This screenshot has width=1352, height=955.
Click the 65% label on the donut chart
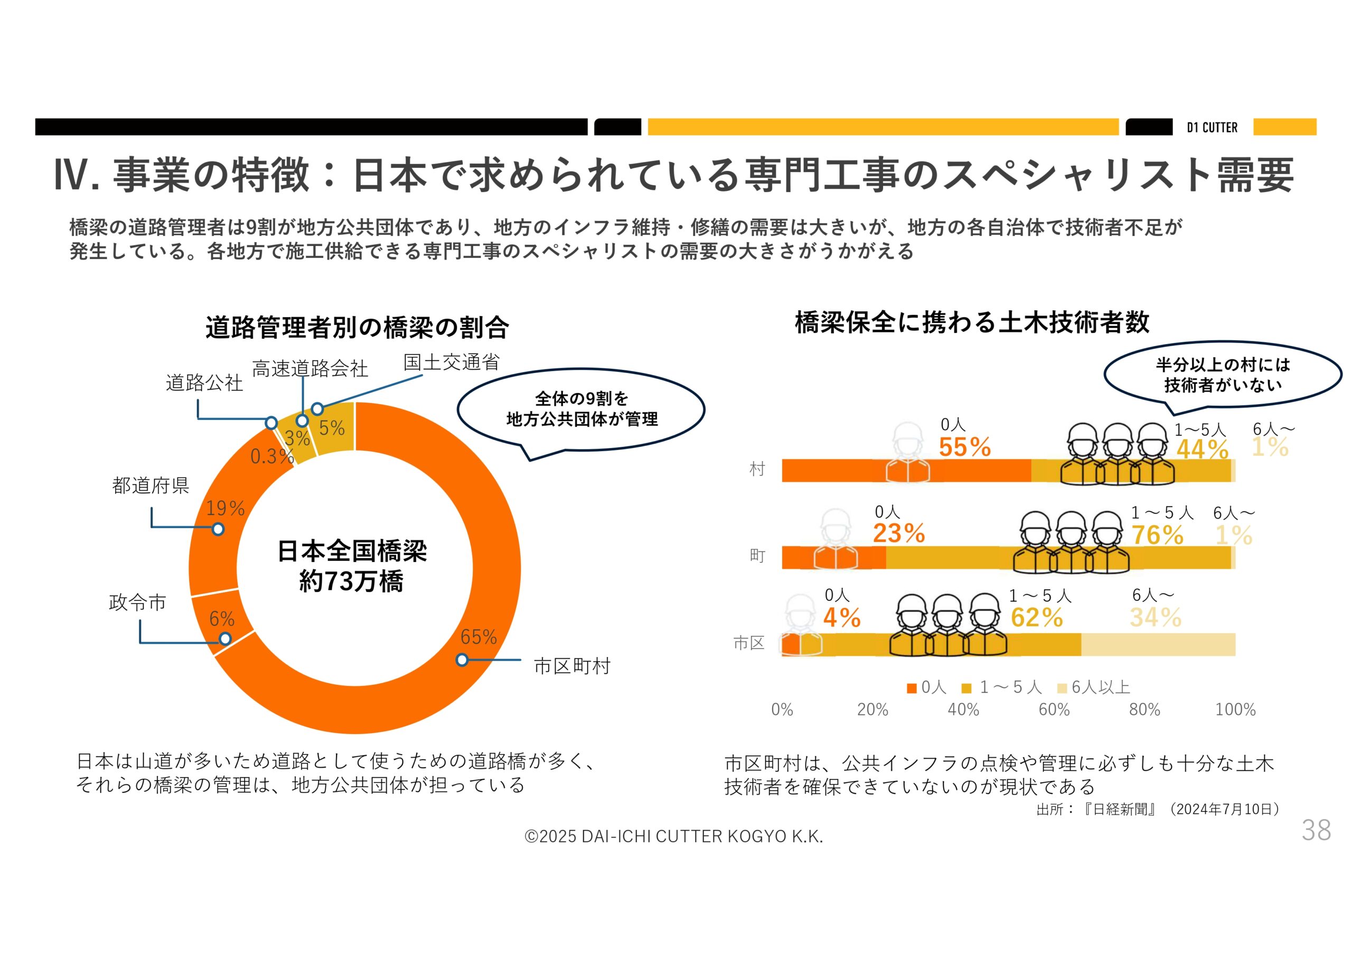[x=478, y=637]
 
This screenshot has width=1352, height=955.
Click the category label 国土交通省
[x=451, y=362]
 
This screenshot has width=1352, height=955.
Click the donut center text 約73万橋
[x=351, y=581]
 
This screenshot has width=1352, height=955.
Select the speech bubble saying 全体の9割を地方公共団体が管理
[x=581, y=409]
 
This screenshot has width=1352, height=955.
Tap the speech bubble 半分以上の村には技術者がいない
[x=1223, y=374]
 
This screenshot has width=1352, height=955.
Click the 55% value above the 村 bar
[x=964, y=447]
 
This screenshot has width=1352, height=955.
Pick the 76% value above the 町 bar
[x=1157, y=535]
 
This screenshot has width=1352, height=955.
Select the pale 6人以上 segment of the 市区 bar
[x=1158, y=644]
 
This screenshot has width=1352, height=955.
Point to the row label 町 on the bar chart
[x=757, y=556]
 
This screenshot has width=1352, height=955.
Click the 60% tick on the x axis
[x=1054, y=710]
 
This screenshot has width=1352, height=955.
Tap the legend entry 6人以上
[x=1100, y=687]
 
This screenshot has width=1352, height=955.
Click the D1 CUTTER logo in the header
[x=1212, y=127]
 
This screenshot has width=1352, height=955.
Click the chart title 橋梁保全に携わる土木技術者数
[x=972, y=322]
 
